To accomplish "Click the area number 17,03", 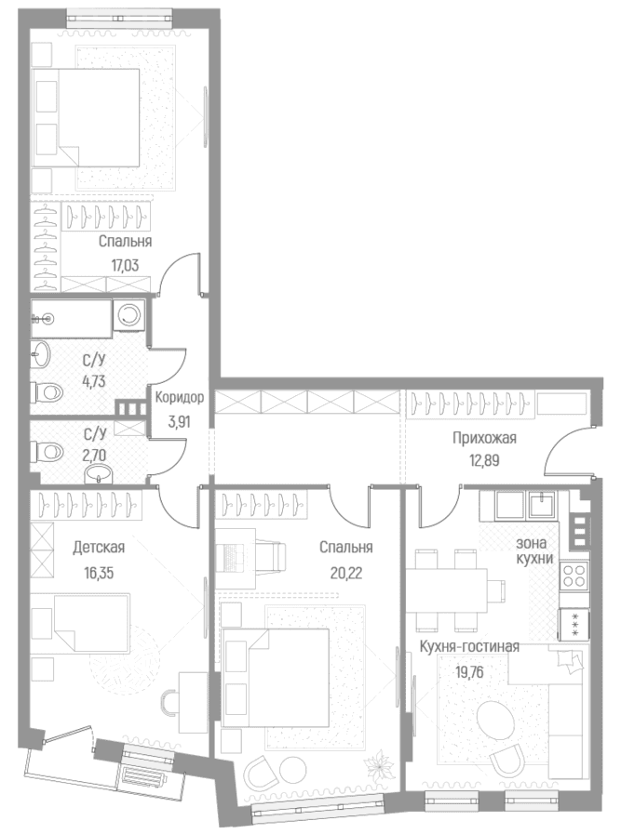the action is (x=119, y=265).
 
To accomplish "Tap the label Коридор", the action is (x=179, y=397).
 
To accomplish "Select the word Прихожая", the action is (x=484, y=438).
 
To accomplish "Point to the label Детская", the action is (x=99, y=547).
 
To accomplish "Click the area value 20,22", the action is (x=346, y=574).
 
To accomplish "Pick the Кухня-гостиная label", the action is (x=469, y=646).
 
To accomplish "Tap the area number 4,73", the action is (x=94, y=381).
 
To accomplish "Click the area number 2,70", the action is (x=94, y=455).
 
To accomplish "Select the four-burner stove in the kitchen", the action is (x=574, y=576).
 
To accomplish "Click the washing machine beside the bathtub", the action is (x=128, y=315).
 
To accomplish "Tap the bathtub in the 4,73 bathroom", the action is (x=71, y=318).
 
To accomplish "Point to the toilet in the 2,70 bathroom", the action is (x=47, y=452).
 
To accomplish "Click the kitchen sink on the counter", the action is (x=541, y=504).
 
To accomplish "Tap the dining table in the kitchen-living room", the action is (x=448, y=589).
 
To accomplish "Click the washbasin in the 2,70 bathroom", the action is (x=100, y=473).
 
